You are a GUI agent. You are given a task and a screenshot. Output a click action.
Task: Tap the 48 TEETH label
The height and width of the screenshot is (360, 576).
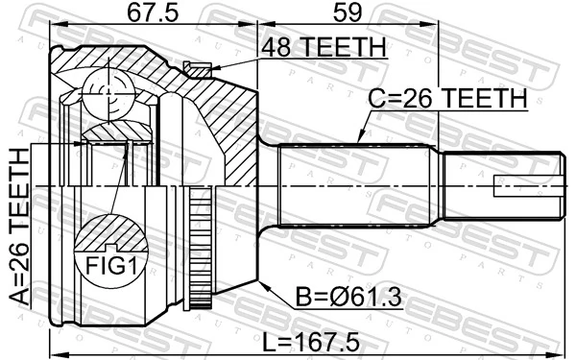321,47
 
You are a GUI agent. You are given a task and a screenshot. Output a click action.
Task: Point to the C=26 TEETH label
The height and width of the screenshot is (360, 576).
448,98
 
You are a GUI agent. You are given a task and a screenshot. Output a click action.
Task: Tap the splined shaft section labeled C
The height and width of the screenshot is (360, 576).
355,182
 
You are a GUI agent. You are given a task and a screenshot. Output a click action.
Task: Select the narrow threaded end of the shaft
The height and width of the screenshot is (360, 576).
499,183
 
